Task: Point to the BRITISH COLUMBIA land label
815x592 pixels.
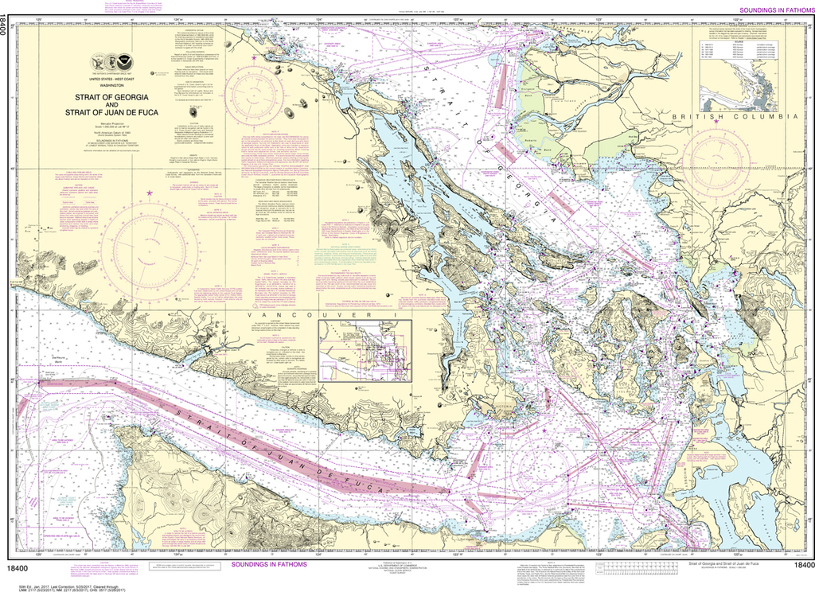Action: click(733, 117)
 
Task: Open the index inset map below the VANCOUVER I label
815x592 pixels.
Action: click(365, 351)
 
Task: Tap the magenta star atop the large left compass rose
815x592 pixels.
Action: click(149, 193)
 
